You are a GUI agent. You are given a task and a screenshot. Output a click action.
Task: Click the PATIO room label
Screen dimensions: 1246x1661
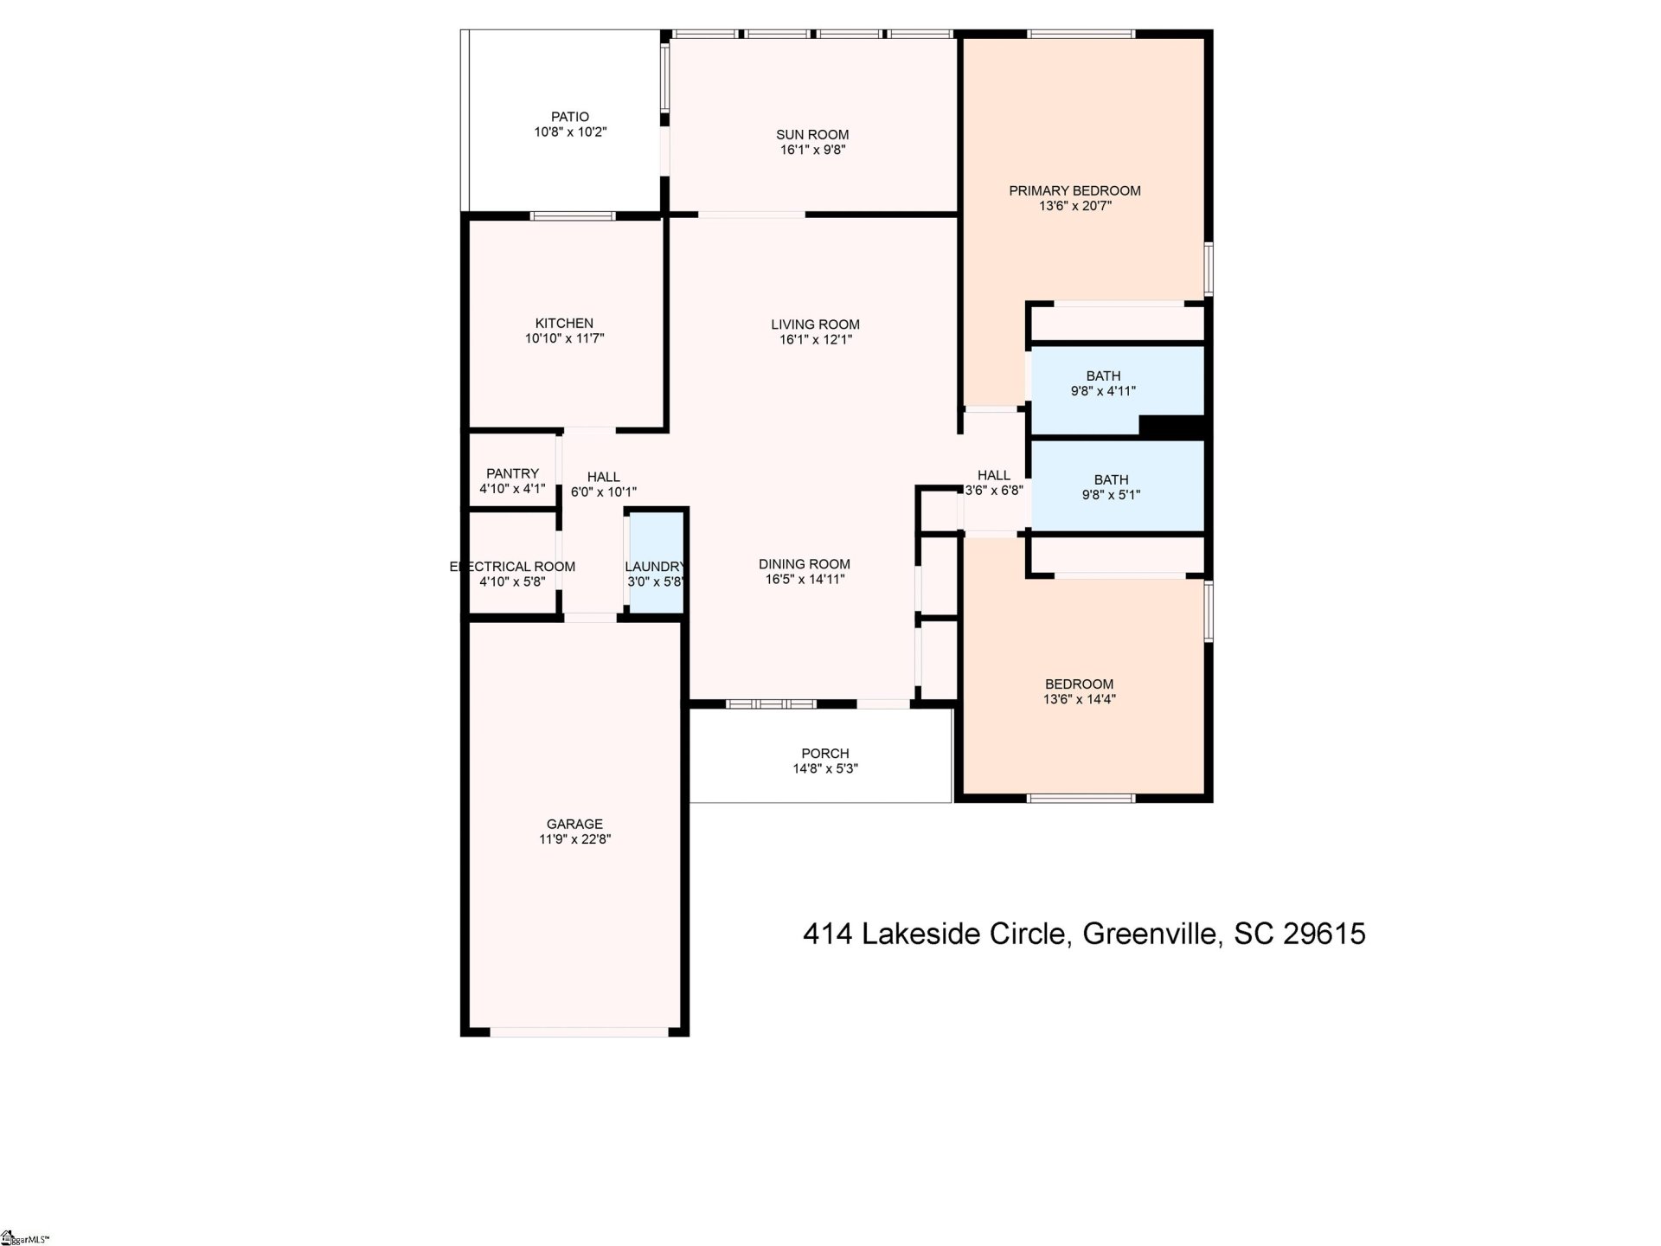(570, 117)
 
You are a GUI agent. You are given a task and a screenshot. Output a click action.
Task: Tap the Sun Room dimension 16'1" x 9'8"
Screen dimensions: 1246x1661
(812, 150)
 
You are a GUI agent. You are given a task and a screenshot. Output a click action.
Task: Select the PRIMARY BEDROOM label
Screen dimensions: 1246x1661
(1074, 190)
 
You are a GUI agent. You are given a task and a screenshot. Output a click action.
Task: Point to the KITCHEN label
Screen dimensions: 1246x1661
(564, 324)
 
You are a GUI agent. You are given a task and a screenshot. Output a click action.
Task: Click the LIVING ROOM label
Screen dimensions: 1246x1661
(815, 324)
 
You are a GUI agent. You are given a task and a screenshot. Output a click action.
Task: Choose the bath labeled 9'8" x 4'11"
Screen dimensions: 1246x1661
(1103, 383)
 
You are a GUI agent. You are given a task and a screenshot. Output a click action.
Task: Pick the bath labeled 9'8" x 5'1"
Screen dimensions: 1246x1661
(1111, 487)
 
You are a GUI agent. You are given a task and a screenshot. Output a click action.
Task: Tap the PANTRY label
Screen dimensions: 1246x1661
(512, 473)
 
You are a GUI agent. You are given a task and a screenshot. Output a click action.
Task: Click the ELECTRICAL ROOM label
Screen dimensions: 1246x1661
(512, 567)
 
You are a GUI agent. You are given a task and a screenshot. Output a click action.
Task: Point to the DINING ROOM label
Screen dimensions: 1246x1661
(805, 563)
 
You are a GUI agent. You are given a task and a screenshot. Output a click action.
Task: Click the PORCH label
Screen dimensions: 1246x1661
(824, 754)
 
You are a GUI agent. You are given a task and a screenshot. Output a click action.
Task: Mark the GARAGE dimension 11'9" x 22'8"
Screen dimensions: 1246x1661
(574, 839)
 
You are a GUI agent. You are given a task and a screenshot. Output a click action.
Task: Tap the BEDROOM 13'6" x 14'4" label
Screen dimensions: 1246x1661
(1079, 691)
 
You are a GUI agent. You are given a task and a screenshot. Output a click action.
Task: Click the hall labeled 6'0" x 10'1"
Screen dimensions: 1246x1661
(603, 485)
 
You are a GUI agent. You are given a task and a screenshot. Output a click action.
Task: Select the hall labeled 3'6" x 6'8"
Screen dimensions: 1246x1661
(993, 482)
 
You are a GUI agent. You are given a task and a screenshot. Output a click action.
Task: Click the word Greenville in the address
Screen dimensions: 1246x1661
(1151, 934)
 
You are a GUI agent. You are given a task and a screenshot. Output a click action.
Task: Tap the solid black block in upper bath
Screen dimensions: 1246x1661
(1171, 426)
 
